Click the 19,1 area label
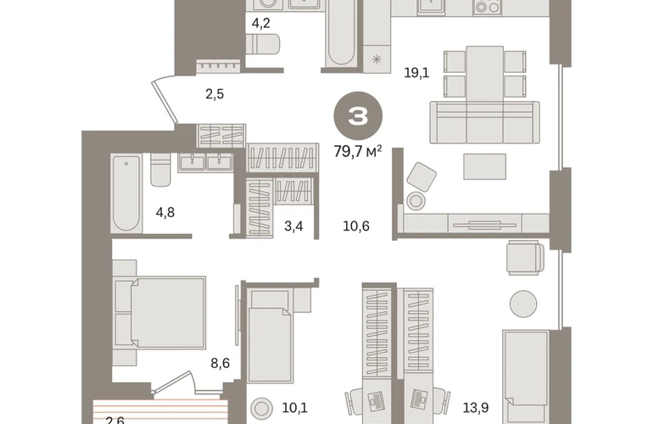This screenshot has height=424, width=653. pos(416,73)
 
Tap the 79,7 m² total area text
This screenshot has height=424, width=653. pos(358,152)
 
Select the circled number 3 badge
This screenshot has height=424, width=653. pos(358,116)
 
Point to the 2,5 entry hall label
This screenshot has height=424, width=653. pos(215,94)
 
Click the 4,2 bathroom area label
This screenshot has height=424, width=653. pos(260,23)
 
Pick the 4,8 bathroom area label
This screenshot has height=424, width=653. pos(165,212)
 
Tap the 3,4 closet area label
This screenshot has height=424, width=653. pos(293,226)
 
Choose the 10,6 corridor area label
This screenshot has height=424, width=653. pos(356,226)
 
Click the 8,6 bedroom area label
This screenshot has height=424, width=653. pos(220,363)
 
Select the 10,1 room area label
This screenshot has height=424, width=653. pos(295,408)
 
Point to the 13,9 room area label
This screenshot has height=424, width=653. pos(476,408)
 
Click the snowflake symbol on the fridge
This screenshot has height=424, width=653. pos(377,59)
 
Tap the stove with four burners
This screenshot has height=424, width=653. pos(488,7)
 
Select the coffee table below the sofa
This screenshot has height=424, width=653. pos(485,166)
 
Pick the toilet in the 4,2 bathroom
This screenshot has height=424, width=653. pos(262,44)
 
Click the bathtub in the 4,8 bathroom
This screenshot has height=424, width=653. pos(126,193)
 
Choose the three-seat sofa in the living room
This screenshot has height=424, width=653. pos(485,122)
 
